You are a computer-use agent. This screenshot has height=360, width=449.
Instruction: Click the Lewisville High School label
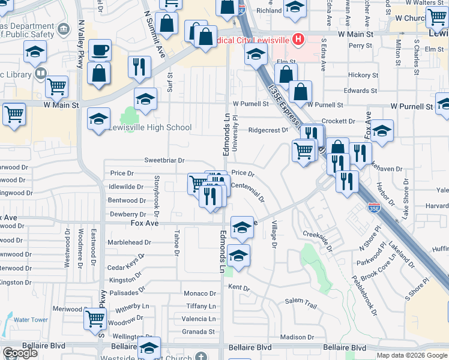[x=150, y=128]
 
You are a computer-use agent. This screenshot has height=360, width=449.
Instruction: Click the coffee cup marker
[x=100, y=50]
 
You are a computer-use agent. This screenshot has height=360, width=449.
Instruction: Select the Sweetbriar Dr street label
[x=164, y=161]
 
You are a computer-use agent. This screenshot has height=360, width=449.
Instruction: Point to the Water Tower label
[x=31, y=320]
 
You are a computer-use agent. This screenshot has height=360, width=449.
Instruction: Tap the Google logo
[x=19, y=353]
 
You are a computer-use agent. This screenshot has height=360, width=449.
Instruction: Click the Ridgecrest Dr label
[x=268, y=130]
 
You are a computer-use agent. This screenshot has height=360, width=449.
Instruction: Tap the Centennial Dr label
[x=247, y=192]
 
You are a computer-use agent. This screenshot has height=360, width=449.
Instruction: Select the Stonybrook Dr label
[x=156, y=196]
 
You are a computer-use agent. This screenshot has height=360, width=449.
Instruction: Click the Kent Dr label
[x=238, y=288]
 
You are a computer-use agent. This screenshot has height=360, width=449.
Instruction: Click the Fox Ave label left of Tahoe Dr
[x=145, y=223]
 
